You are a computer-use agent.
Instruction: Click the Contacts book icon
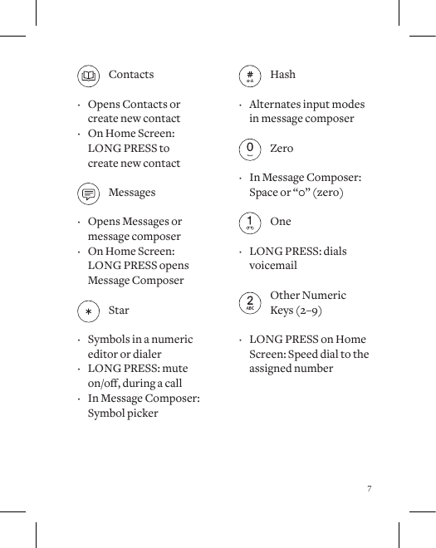(x=88, y=76)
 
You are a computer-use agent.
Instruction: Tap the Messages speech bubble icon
(x=88, y=194)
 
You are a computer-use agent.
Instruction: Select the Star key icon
(x=88, y=312)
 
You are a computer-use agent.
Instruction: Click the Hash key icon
(x=249, y=76)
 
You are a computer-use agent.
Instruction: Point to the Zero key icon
(x=249, y=150)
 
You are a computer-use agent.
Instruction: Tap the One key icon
(x=249, y=223)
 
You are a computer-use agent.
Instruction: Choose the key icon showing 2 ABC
(x=249, y=303)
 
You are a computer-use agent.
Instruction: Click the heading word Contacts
(x=131, y=75)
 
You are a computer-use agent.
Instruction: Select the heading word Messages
(x=132, y=193)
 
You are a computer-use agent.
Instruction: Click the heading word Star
(x=119, y=311)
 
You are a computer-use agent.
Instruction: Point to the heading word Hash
(x=282, y=75)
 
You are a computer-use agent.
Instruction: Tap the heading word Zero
(x=282, y=149)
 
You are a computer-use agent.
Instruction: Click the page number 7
(x=369, y=488)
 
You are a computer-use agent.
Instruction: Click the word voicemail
(x=273, y=266)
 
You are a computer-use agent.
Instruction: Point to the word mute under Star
(x=174, y=369)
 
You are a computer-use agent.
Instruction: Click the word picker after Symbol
(x=141, y=413)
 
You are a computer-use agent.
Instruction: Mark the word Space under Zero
(x=264, y=193)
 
